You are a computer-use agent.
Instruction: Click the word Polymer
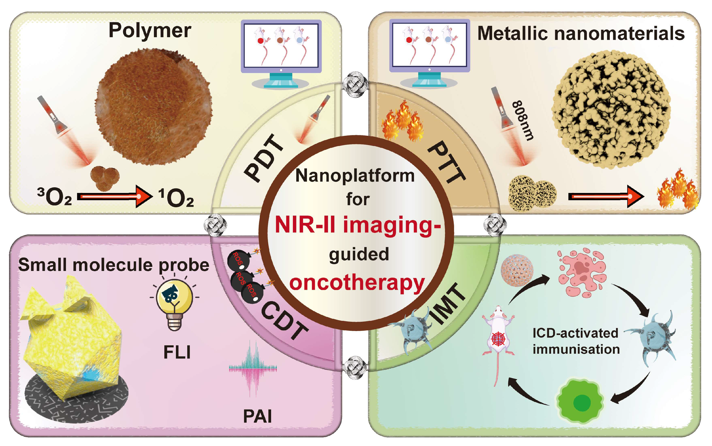tap(150, 30)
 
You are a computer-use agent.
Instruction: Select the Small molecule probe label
tap(114, 265)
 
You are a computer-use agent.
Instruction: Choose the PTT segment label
tap(446, 162)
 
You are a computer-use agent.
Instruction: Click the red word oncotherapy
tap(357, 283)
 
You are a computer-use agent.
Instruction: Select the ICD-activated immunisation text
tap(576, 341)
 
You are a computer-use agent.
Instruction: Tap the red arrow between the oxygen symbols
tap(114, 196)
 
